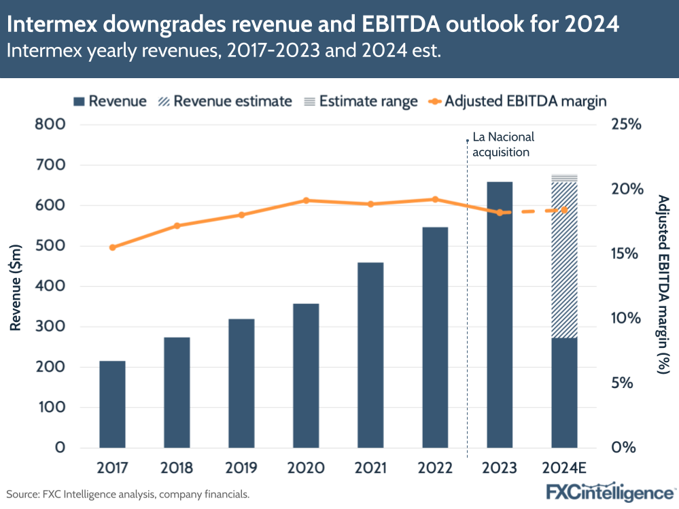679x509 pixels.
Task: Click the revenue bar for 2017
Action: coord(112,404)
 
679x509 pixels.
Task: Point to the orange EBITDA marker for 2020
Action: coord(306,200)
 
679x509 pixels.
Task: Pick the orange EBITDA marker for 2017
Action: coord(112,247)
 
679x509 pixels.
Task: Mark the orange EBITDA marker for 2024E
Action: coord(564,210)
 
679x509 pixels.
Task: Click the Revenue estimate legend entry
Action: coord(224,101)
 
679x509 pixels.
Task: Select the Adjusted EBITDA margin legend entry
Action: coord(517,101)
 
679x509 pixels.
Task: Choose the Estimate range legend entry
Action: coord(360,101)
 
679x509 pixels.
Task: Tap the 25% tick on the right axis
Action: coord(626,125)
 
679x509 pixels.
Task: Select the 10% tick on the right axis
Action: coord(626,319)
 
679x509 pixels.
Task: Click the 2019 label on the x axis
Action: coord(241,468)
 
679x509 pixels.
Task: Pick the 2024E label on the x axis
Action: coord(564,468)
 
